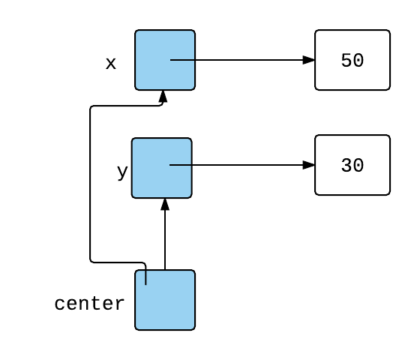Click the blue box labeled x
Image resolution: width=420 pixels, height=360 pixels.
165,60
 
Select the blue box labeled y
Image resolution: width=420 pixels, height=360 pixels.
162,168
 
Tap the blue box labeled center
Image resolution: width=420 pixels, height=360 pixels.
165,300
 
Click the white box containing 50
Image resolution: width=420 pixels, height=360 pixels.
352,60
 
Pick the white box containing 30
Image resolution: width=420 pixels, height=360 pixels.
352,165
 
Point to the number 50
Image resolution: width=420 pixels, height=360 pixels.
352,60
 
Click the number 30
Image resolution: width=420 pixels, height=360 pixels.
352,165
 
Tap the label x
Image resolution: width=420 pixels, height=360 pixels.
111,64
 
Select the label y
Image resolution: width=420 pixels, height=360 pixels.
122,172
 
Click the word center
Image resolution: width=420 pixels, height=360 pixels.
89,304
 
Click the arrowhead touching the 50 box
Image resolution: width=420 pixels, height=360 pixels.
308,60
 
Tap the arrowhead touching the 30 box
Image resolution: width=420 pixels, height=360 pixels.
308,165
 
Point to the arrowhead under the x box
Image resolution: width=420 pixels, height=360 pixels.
163,97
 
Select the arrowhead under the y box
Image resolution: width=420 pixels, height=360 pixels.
165,204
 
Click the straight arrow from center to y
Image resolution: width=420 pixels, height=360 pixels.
165,234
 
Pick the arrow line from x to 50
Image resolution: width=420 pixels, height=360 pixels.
242,60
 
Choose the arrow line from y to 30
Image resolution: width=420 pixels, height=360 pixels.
242,165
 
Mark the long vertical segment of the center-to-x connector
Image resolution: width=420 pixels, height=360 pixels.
90,184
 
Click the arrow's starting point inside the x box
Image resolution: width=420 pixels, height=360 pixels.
170,60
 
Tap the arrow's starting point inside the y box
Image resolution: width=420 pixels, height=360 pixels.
169,165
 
